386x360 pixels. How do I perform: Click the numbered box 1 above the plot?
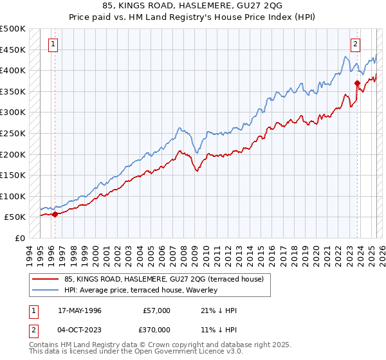point(52,44)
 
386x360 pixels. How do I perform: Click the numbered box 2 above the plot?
point(354,44)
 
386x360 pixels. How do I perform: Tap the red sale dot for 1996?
point(55,215)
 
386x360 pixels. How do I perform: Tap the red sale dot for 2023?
point(357,83)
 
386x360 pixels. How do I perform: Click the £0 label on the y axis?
point(20,238)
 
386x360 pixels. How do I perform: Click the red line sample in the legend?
point(46,279)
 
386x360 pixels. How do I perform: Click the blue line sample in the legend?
point(46,291)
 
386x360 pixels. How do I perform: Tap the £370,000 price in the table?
point(156,329)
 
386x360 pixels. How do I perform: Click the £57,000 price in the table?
point(156,310)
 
